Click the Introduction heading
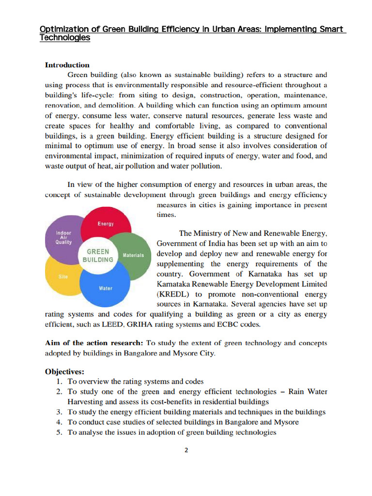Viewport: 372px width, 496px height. tap(67, 65)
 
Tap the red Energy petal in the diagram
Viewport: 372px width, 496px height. tap(106, 224)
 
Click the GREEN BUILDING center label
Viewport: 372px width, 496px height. tap(98, 256)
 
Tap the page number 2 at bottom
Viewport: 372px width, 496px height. tap(186, 449)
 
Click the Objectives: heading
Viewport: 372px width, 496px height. tap(64, 372)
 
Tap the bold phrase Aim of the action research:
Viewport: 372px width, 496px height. tap(94, 343)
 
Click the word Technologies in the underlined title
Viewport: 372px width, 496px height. tap(64, 38)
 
